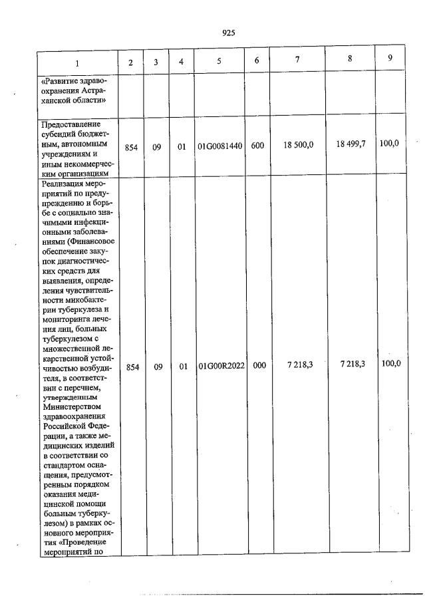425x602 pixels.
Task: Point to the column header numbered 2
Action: [131, 63]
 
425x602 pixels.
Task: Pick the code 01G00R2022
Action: [219, 366]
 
